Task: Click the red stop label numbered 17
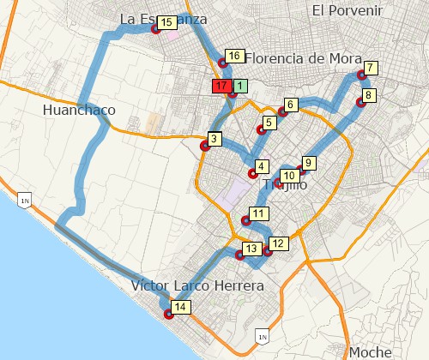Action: [x=221, y=87]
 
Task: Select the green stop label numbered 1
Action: [x=240, y=86]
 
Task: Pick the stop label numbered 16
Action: [x=232, y=56]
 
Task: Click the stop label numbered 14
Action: [x=180, y=307]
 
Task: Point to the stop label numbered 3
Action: [x=215, y=139]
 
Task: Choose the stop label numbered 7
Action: [x=370, y=68]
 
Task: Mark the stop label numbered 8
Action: [x=368, y=95]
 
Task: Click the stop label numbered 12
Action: [x=276, y=243]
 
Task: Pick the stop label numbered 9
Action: [x=309, y=162]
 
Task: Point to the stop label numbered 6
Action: [x=290, y=105]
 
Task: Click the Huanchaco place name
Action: [x=78, y=110]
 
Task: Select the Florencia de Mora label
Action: [x=300, y=58]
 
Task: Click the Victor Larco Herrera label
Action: [x=197, y=286]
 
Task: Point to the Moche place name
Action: [x=371, y=352]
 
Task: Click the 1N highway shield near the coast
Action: [x=24, y=200]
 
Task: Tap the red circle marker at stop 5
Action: [x=261, y=131]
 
